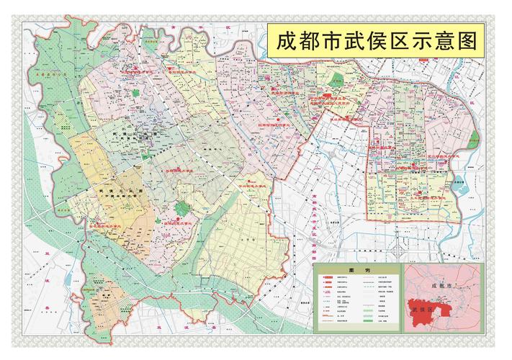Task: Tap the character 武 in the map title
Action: pyautogui.click(x=356, y=42)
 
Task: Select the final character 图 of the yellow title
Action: pyautogui.click(x=468, y=42)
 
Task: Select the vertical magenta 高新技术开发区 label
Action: pyautogui.click(x=314, y=223)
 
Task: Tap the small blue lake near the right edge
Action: pyautogui.click(x=460, y=186)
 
